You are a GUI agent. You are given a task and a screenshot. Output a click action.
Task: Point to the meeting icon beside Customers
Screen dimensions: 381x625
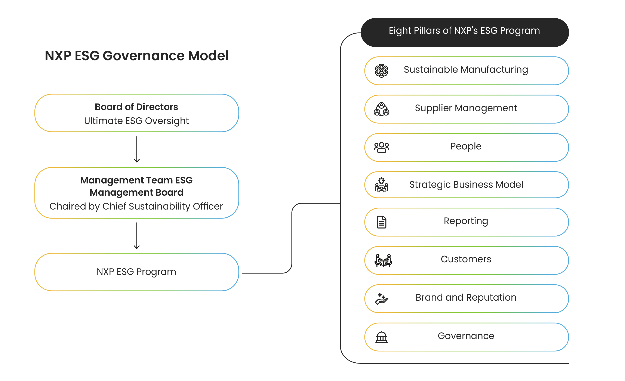click(383, 260)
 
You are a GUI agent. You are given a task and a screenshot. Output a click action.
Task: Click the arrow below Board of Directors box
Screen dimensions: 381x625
click(137, 150)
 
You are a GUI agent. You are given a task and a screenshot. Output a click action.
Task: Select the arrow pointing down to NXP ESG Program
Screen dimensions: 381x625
click(137, 236)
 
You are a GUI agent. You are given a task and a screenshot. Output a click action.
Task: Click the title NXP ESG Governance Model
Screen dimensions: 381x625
click(136, 56)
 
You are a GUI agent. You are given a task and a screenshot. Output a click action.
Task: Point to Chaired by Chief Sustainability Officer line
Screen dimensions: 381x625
click(136, 206)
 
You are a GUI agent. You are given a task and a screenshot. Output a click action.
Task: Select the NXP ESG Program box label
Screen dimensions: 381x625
click(136, 272)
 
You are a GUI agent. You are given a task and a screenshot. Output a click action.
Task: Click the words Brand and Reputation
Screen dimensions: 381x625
click(466, 297)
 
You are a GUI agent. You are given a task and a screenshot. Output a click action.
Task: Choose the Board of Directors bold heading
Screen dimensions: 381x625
click(136, 107)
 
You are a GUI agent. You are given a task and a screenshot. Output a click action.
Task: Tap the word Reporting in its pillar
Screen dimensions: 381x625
click(466, 221)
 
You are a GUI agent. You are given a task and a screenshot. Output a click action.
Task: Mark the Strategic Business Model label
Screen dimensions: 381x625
click(466, 185)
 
